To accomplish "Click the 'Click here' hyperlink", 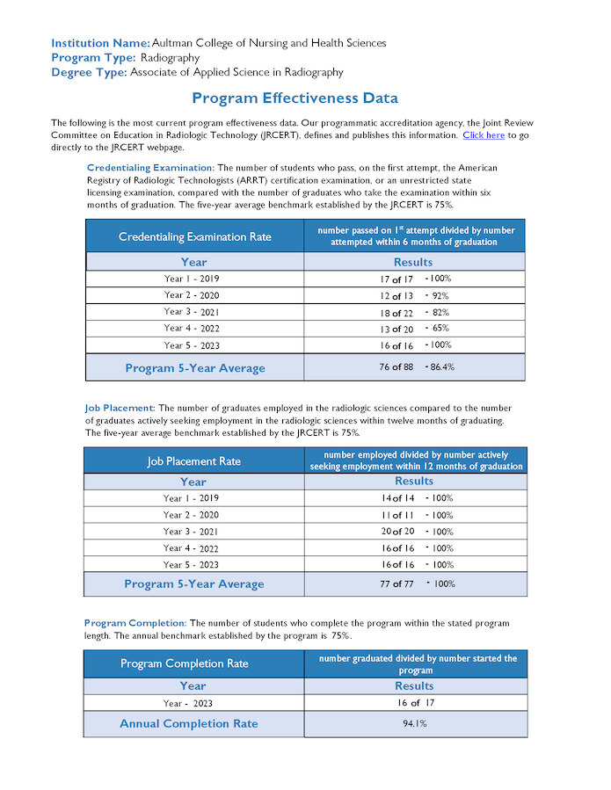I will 483,135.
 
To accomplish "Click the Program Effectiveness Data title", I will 295,98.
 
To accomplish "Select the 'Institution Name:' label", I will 100,42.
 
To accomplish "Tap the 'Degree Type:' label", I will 89,72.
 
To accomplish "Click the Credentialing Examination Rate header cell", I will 195,236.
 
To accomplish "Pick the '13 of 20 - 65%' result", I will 414,328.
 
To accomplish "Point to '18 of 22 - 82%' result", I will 414,312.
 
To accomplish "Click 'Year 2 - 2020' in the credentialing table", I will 192,295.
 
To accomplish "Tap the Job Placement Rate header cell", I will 193,461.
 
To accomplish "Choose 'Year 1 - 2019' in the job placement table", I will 191,498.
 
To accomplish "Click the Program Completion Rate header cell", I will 185,663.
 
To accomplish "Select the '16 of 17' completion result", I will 415,703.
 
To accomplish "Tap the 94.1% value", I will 414,724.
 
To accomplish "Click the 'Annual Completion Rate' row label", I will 189,724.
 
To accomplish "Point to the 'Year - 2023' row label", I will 187,704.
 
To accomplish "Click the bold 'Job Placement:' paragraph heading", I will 120,409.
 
